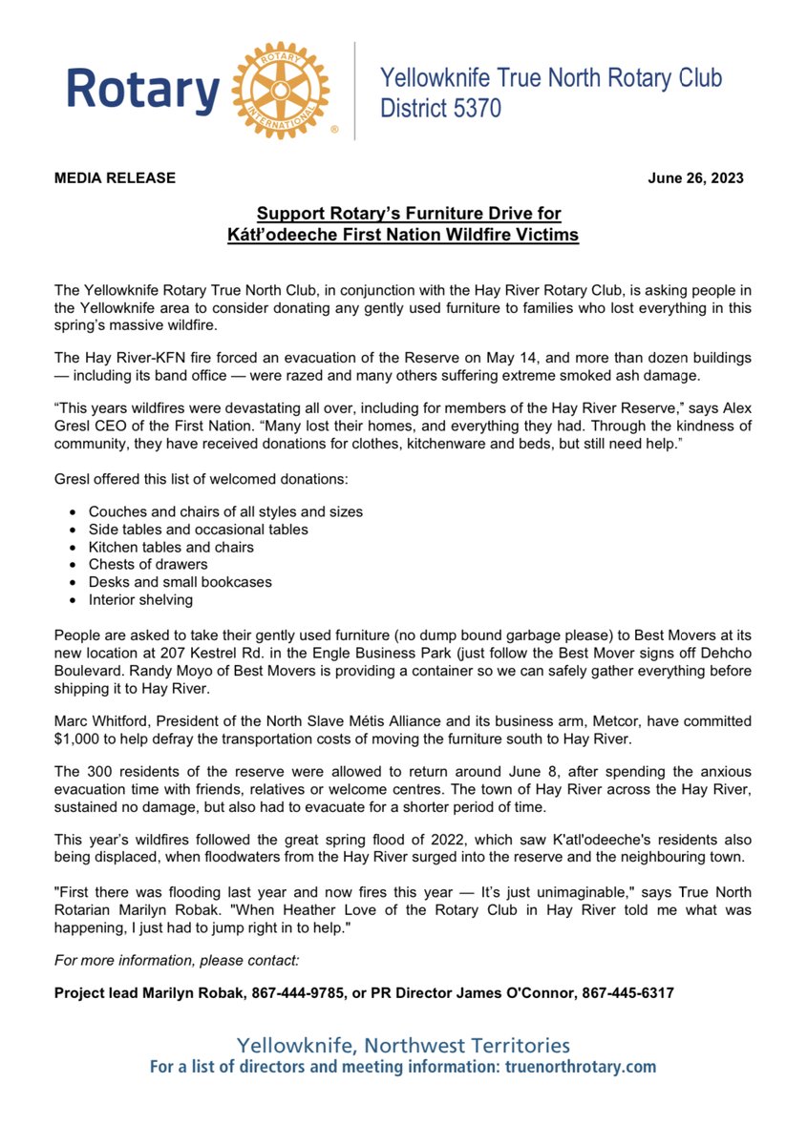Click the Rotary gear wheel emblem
click(x=280, y=90)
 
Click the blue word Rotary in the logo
click(x=143, y=92)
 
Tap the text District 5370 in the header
click(x=440, y=109)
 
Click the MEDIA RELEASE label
click(x=115, y=178)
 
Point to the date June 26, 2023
click(x=695, y=178)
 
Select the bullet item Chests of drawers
click(x=148, y=564)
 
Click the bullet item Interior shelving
click(x=140, y=599)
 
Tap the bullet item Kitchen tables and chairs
click(x=171, y=547)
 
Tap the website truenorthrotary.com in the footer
click(x=578, y=1067)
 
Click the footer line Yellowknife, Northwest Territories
click(x=403, y=1045)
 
